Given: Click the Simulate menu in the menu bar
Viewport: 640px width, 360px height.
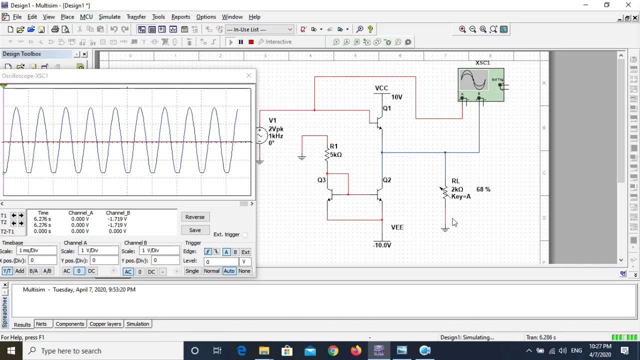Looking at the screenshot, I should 109,17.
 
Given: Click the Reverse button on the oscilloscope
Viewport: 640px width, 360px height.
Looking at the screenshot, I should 194,217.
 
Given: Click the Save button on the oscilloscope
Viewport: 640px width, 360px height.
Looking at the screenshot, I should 194,230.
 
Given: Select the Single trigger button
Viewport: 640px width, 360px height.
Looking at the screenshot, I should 192,271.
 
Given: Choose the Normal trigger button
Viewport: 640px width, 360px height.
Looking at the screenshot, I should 211,271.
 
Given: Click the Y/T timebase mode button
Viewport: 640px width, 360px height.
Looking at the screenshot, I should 7,271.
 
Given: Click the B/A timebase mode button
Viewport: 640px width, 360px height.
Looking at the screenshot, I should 33,271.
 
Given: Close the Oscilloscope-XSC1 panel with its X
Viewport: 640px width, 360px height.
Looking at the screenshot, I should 248,75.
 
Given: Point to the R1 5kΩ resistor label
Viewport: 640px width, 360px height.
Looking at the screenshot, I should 335,150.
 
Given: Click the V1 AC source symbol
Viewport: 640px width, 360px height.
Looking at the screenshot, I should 260,135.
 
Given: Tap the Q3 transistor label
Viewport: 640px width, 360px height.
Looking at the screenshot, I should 321,180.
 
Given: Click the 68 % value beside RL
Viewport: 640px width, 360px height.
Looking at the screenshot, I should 483,189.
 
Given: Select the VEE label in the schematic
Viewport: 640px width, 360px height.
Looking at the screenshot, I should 397,227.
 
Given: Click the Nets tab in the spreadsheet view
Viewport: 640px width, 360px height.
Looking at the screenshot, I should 41,324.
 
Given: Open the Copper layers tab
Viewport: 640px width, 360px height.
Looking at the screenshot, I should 105,324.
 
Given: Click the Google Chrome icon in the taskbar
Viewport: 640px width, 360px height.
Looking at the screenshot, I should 332,350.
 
